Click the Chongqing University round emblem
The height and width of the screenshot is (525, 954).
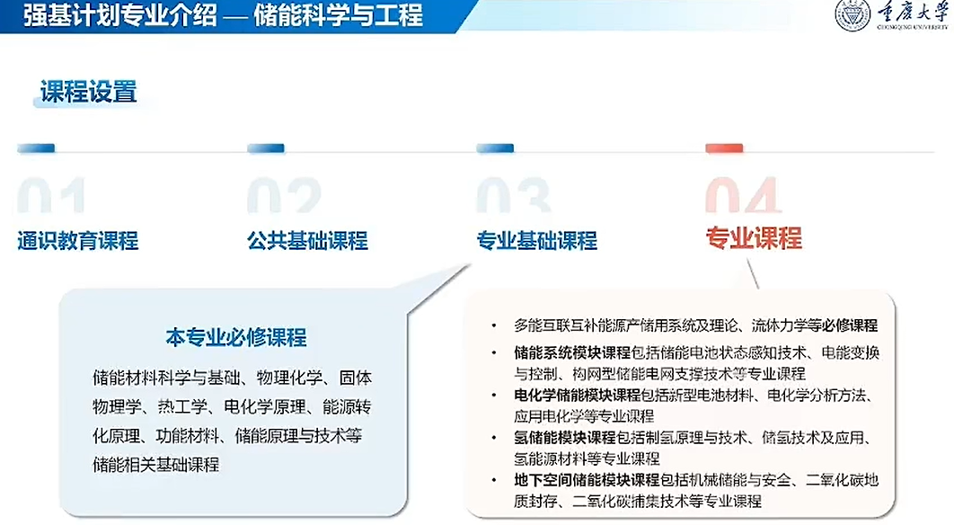coord(852,14)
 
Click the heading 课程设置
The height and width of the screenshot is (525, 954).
coord(89,92)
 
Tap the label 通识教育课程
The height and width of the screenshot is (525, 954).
coord(78,241)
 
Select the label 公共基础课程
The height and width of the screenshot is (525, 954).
coord(307,241)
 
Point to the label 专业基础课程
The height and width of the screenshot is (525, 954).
coord(536,241)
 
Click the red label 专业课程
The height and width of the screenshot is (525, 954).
coord(754,238)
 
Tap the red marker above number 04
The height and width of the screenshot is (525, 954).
coord(724,148)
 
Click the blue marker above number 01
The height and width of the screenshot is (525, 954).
coord(36,148)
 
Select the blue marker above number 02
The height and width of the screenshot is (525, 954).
coord(266,148)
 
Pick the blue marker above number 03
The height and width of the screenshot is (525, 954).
coord(495,148)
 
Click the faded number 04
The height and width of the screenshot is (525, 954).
coord(744,195)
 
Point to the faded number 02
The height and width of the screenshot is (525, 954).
coord(284,195)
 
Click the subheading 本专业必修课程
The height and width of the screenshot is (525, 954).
coord(236,337)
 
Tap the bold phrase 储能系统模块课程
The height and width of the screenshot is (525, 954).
coord(572,352)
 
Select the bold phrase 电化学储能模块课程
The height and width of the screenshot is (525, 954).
coord(578,396)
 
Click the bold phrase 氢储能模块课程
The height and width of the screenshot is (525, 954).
coord(565,437)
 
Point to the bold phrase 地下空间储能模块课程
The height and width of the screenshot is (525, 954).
coord(587,480)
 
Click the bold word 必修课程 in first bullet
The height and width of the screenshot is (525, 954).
coord(850,325)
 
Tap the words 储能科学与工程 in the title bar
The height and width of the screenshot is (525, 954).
coord(339,15)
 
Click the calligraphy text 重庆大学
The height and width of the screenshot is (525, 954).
coord(912,13)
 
